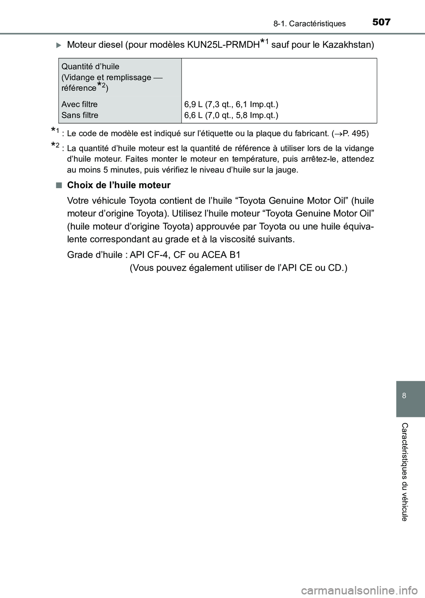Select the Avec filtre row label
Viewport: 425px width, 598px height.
80,104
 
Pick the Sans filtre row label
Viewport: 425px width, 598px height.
80,116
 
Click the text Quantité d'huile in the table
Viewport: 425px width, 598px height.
90,67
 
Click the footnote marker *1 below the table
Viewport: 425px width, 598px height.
54,131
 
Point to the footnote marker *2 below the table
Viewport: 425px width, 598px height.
54,147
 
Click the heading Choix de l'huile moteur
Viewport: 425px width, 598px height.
119,185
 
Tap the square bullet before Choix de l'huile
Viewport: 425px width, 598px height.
59,185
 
